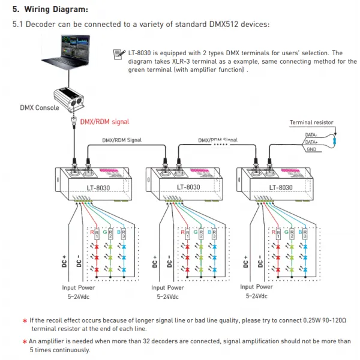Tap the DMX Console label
point(40,108)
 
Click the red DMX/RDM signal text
point(104,121)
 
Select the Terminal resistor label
point(311,122)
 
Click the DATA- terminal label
point(311,136)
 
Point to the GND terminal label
point(311,149)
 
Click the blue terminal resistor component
point(335,142)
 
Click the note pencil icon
point(119,55)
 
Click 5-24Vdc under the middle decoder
point(168,296)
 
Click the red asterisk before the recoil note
point(25,321)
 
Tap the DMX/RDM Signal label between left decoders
point(121,140)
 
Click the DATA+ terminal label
point(311,142)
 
